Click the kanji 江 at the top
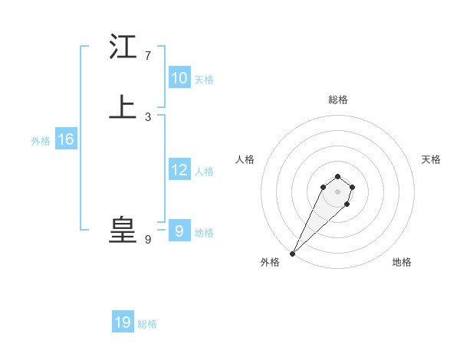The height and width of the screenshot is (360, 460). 123,47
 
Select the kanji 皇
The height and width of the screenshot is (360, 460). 123,230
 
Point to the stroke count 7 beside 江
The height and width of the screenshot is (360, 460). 147,56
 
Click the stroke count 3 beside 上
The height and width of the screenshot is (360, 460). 147,116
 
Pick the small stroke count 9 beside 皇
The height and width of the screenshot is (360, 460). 147,239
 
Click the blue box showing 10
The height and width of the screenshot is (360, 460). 179,78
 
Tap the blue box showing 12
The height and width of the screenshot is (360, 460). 179,170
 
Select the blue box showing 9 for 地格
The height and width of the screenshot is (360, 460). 179,231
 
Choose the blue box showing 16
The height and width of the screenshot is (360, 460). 65,139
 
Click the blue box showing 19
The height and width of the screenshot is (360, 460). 123,322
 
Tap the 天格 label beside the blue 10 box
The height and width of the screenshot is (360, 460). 204,80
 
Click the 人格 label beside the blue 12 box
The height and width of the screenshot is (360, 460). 204,172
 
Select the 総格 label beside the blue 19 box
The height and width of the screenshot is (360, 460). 147,324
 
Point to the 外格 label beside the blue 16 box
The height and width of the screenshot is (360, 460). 41,141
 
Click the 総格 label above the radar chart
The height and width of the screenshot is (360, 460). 337,100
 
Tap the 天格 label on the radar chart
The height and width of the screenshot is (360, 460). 431,159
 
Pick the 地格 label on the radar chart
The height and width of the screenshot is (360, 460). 402,262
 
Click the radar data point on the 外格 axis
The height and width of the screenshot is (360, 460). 293,253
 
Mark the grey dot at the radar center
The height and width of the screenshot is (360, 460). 337,191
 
